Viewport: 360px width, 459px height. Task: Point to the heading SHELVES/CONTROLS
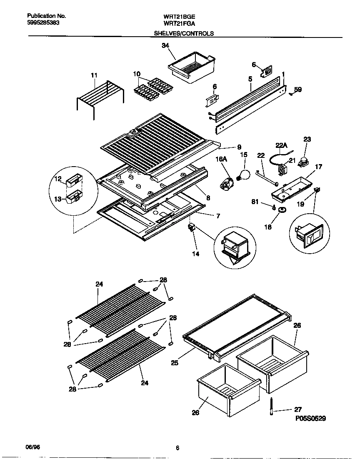pyautogui.click(x=184, y=33)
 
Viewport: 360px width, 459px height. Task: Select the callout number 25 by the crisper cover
pyautogui.click(x=175, y=363)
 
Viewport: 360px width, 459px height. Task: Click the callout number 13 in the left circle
pyautogui.click(x=58, y=200)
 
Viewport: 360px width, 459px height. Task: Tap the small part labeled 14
pyautogui.click(x=192, y=228)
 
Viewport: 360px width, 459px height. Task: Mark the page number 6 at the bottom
pyautogui.click(x=177, y=448)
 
